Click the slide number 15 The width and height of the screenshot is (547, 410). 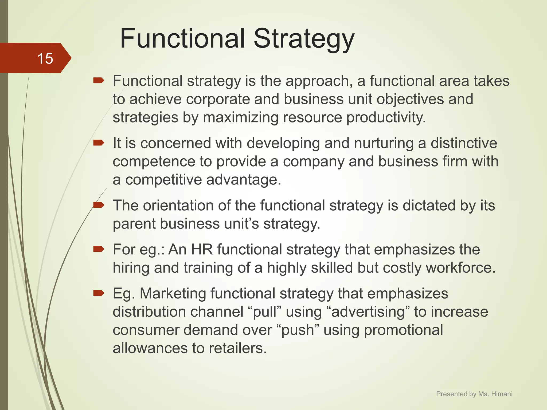tap(45, 58)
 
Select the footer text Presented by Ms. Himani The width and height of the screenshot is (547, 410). tap(474, 394)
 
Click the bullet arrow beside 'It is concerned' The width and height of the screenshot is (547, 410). tap(99, 143)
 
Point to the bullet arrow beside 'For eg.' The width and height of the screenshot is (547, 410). tap(99, 249)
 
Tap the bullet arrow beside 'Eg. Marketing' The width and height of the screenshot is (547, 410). tap(99, 293)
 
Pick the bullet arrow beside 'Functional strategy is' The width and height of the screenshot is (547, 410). tap(99, 81)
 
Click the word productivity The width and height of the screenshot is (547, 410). tap(386, 117)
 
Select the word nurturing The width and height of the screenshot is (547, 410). tap(384, 143)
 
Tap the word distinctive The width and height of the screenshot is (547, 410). tap(464, 143)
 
